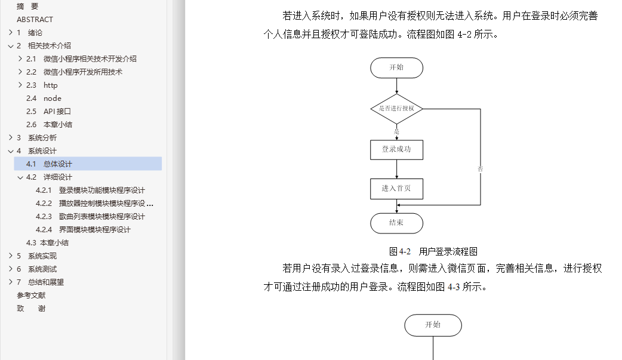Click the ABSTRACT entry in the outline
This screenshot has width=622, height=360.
click(35, 20)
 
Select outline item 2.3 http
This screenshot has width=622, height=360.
click(50, 85)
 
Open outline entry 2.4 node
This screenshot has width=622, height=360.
click(52, 99)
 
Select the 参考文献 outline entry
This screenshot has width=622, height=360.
click(31, 296)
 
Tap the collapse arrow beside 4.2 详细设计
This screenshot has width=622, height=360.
click(20, 177)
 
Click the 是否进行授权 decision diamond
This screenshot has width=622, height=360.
click(396, 109)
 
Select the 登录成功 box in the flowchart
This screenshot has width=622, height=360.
click(396, 149)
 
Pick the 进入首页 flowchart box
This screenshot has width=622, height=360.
click(396, 189)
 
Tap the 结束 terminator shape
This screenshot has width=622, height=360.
click(396, 223)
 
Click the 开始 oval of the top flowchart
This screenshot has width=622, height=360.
click(396, 67)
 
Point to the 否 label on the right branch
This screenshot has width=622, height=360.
click(480, 169)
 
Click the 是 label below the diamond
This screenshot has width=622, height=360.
click(396, 130)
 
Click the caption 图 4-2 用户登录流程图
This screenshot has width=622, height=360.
click(433, 251)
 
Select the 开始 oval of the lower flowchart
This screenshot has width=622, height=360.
click(433, 325)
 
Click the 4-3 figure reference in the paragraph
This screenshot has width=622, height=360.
click(454, 287)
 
